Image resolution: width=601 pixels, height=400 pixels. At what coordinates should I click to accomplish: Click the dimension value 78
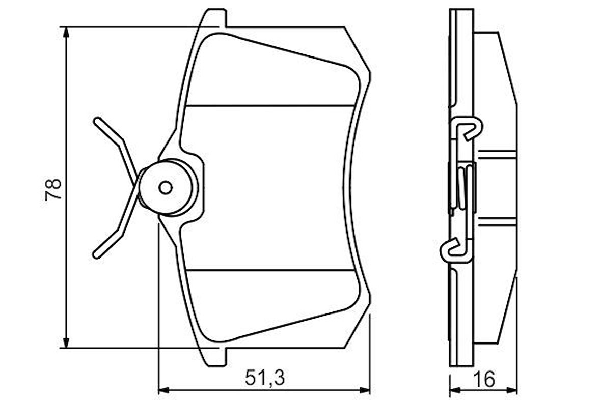pyautogui.click(x=53, y=189)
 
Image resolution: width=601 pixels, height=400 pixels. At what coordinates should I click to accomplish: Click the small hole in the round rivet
pyautogui.click(x=166, y=188)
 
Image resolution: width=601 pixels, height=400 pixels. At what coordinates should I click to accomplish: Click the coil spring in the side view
pyautogui.click(x=462, y=188)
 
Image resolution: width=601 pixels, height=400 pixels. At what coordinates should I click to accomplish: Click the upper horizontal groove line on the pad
pyautogui.click(x=270, y=105)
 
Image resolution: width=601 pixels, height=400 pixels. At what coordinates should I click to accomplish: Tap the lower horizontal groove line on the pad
pyautogui.click(x=270, y=270)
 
